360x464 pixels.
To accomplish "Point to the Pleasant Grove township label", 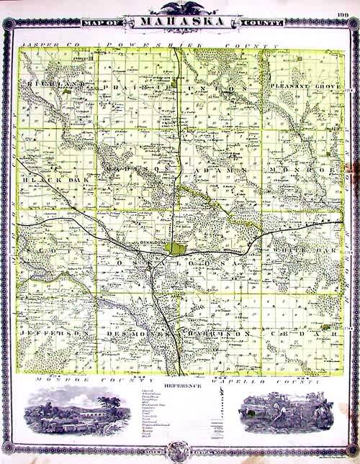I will pos(300,86).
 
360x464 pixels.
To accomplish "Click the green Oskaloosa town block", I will pos(174,248).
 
